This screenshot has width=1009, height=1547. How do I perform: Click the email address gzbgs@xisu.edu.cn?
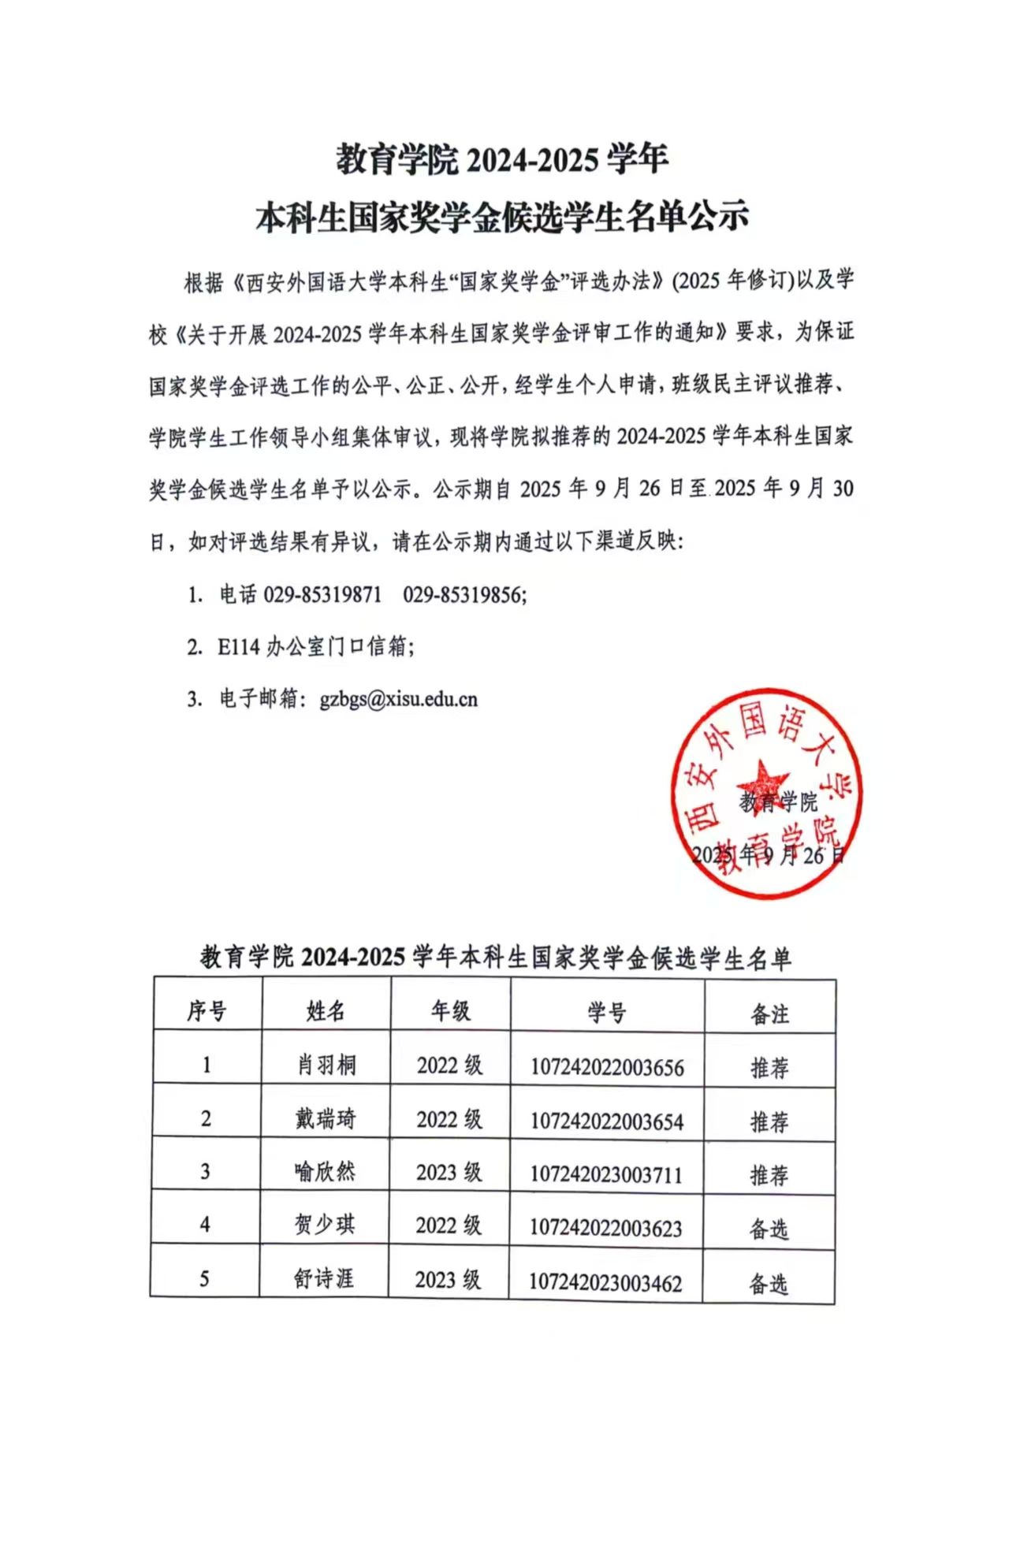pyautogui.click(x=398, y=700)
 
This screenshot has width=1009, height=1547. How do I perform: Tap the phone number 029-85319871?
pyautogui.click(x=322, y=595)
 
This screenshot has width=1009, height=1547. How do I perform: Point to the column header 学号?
pyautogui.click(x=607, y=1013)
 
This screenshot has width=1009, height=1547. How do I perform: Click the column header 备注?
pyautogui.click(x=769, y=1014)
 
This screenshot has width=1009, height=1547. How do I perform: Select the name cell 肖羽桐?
pyautogui.click(x=326, y=1065)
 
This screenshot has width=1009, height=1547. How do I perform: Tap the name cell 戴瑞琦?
pyautogui.click(x=326, y=1119)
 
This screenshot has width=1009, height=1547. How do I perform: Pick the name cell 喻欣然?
pyautogui.click(x=325, y=1172)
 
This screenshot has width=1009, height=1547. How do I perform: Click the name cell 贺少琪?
pyautogui.click(x=325, y=1225)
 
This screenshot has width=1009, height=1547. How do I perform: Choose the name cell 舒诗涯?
pyautogui.click(x=324, y=1278)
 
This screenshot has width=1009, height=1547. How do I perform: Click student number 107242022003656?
pyautogui.click(x=607, y=1068)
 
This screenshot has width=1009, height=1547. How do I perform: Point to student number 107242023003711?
pyautogui.click(x=605, y=1175)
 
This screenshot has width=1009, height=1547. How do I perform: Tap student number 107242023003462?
pyautogui.click(x=605, y=1283)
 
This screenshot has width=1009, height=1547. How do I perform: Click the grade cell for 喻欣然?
pyautogui.click(x=449, y=1173)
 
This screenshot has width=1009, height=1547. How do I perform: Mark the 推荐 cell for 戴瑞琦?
pyautogui.click(x=769, y=1121)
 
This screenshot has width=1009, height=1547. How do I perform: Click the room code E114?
pyautogui.click(x=238, y=647)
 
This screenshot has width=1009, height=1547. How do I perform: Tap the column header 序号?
pyautogui.click(x=207, y=1011)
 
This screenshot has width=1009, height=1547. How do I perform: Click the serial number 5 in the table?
pyautogui.click(x=204, y=1278)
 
